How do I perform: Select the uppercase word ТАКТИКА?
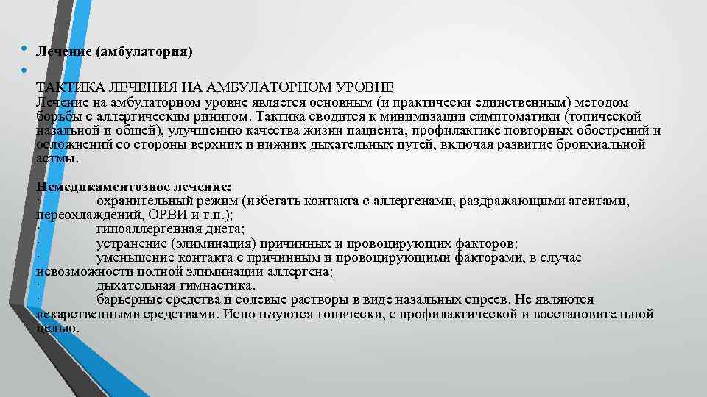click(67, 88)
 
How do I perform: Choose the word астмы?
click(56, 159)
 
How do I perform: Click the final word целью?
click(57, 328)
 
